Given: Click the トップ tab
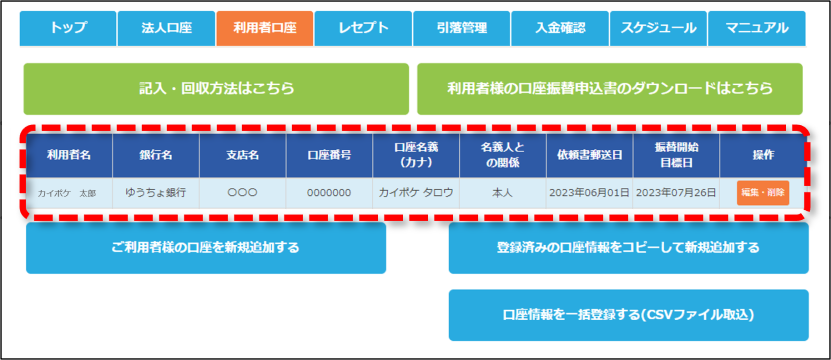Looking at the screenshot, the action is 68,28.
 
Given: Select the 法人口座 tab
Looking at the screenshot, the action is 166,28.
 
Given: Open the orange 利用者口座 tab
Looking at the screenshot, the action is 265,28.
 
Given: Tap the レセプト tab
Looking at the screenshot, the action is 363,28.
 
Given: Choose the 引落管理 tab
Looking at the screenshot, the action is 462,28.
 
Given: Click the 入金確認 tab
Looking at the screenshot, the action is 560,28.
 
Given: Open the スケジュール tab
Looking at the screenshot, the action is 659,28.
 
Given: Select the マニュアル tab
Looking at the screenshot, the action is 757,28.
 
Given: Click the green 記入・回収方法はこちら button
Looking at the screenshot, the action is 216,89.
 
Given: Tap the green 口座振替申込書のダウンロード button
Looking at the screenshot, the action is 610,89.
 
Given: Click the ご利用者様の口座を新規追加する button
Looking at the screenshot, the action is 206,248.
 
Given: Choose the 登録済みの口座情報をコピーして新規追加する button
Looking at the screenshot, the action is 629,248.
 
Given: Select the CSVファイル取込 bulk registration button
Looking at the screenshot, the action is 629,315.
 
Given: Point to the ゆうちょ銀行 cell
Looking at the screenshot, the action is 156,193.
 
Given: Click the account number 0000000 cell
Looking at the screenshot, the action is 329,193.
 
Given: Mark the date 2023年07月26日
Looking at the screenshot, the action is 676,193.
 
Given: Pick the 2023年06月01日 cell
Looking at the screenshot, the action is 589,193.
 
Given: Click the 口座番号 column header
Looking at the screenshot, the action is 329,155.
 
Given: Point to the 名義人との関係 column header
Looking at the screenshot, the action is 502,155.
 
